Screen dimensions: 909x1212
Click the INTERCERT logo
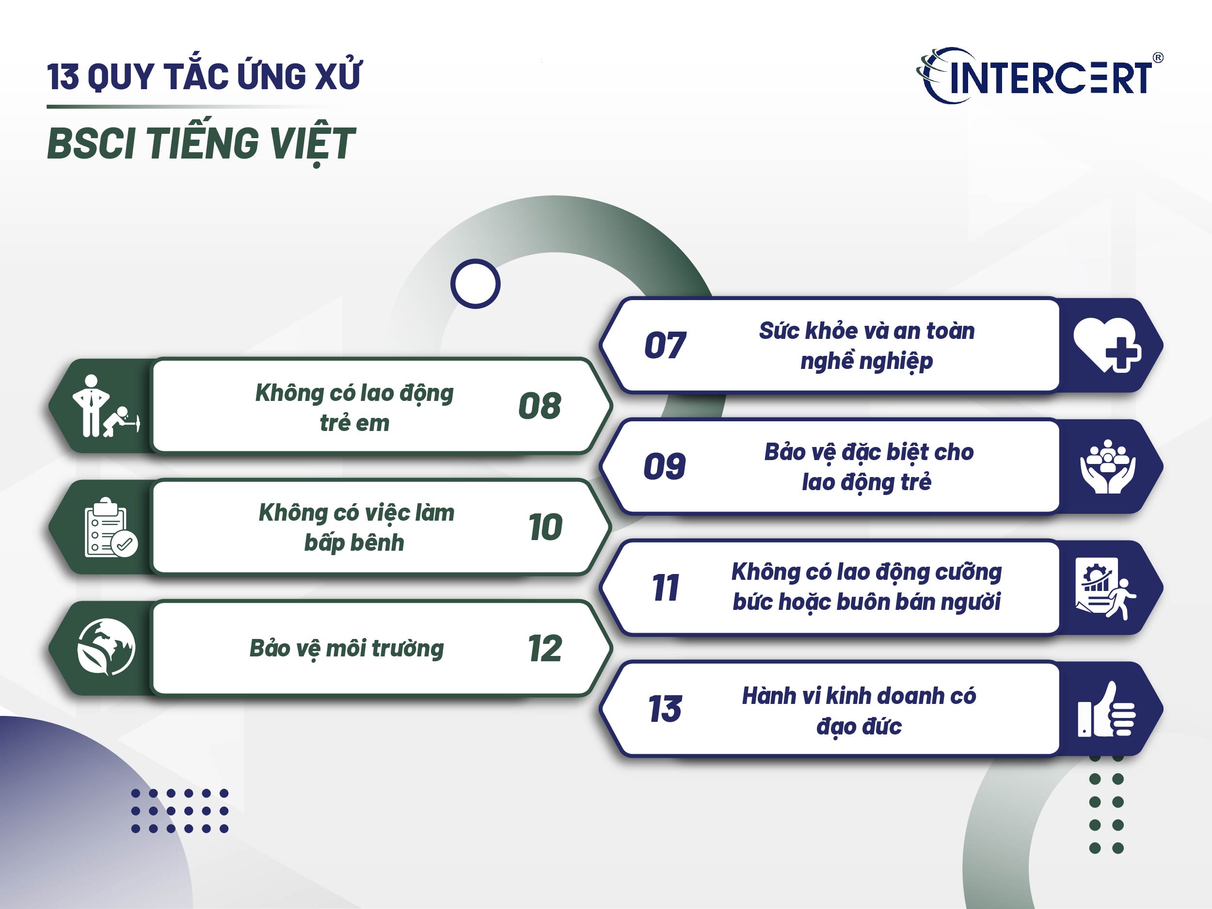[x=1038, y=77]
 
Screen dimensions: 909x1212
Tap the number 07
[x=665, y=345]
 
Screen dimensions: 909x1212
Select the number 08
[x=540, y=406]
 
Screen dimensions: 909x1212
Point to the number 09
[x=665, y=466]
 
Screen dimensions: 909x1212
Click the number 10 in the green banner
[x=545, y=527]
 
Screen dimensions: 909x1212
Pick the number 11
[x=665, y=588]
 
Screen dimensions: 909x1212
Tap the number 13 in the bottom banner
[x=665, y=709]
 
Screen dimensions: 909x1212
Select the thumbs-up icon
[x=1106, y=710]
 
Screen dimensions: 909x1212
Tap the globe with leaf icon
[x=106, y=647]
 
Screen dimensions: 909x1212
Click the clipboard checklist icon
[x=110, y=527]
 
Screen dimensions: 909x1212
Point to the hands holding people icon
[x=1107, y=467]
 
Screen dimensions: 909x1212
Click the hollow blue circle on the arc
[x=475, y=283]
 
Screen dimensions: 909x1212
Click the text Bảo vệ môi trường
[x=346, y=648]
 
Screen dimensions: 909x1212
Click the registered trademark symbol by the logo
[x=1158, y=58]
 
